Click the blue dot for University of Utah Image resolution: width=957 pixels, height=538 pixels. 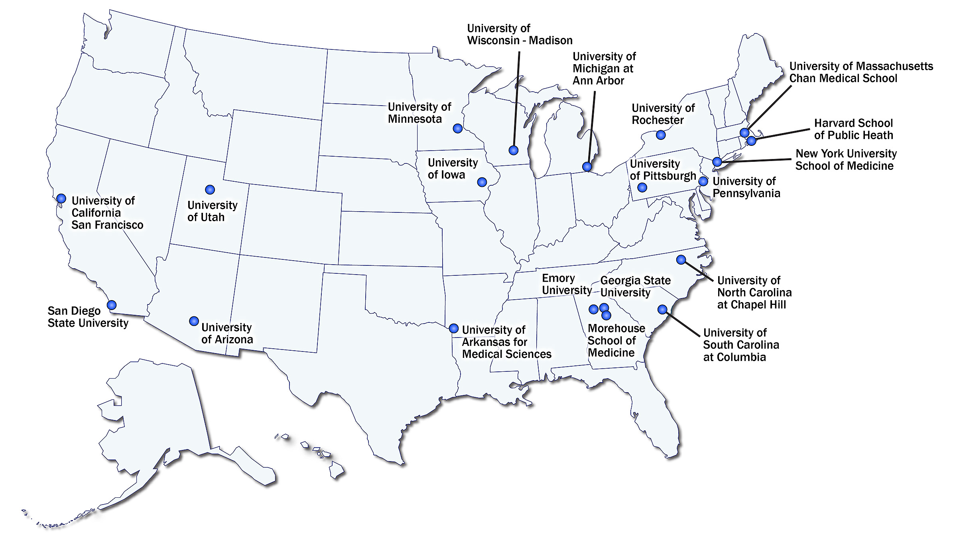[210, 189]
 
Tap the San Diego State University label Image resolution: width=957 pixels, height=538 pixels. [88, 317]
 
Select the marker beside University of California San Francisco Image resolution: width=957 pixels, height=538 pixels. [61, 198]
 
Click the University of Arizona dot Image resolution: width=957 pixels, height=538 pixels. [194, 321]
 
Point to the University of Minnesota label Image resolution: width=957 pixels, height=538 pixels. [419, 113]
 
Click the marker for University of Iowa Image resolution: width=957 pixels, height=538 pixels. [482, 182]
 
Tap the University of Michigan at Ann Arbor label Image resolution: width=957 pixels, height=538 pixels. [604, 69]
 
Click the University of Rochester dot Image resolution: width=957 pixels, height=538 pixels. [661, 135]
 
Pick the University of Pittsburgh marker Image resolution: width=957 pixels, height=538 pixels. [642, 187]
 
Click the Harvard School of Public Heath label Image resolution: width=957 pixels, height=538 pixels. [853, 129]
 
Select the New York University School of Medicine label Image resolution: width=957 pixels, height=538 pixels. [845, 159]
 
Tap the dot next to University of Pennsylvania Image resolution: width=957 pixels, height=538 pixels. [703, 181]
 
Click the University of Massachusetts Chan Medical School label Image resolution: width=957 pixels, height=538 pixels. [861, 72]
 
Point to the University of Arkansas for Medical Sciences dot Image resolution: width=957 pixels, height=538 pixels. [453, 328]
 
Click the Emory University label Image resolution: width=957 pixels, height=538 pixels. [566, 284]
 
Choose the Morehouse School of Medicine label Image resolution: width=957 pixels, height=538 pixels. [616, 340]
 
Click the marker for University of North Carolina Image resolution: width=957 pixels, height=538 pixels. [681, 260]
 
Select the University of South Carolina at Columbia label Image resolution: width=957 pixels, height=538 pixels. [740, 345]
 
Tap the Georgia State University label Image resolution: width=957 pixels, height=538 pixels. [635, 287]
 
